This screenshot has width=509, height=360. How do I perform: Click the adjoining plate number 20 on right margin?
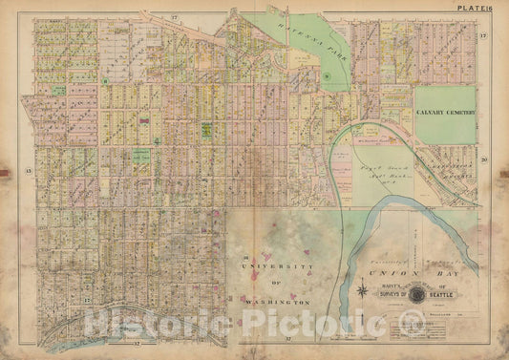click(484, 160)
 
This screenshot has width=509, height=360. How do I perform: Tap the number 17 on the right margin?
click(484, 36)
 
